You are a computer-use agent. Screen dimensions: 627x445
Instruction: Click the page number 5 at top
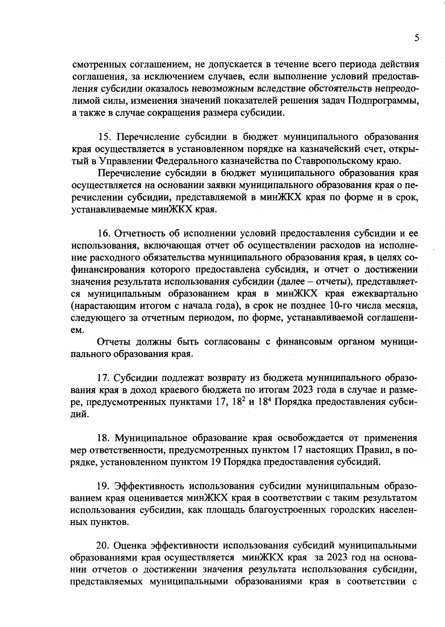tap(417, 38)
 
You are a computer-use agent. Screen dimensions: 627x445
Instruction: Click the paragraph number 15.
tap(106, 137)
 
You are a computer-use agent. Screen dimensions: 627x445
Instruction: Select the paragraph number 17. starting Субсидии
tap(103, 378)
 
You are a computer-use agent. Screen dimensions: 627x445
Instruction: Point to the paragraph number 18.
tap(104, 438)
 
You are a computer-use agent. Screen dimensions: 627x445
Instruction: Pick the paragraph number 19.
tap(104, 486)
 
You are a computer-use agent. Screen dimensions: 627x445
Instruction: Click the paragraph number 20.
tap(104, 546)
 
